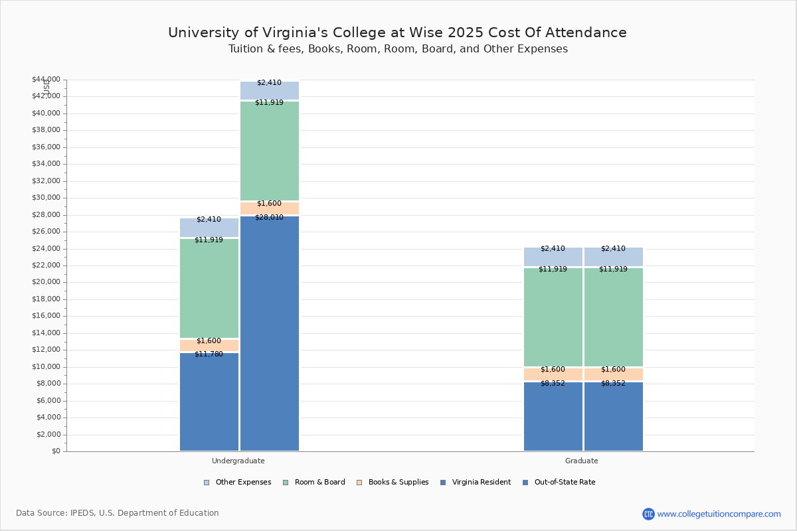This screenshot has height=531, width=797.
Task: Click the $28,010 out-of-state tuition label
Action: pyautogui.click(x=270, y=217)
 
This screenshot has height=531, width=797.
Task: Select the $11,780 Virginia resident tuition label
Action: pyautogui.click(x=209, y=354)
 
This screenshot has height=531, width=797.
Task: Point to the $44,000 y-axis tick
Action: pyautogui.click(x=46, y=80)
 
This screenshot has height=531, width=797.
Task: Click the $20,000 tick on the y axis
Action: pyautogui.click(x=46, y=282)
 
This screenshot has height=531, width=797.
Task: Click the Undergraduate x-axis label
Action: pyautogui.click(x=238, y=461)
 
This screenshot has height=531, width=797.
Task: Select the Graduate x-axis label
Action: pyautogui.click(x=582, y=461)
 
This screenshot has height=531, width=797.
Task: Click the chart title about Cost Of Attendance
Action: pyautogui.click(x=397, y=33)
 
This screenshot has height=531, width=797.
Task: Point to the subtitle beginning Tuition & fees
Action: pyautogui.click(x=398, y=49)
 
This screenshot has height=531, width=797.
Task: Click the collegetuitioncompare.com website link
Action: pyautogui.click(x=719, y=514)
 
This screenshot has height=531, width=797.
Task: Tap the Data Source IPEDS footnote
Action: pyautogui.click(x=118, y=513)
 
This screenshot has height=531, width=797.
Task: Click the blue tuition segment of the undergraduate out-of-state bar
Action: pyautogui.click(x=270, y=332)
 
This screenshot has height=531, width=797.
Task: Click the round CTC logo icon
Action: pyautogui.click(x=648, y=514)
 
